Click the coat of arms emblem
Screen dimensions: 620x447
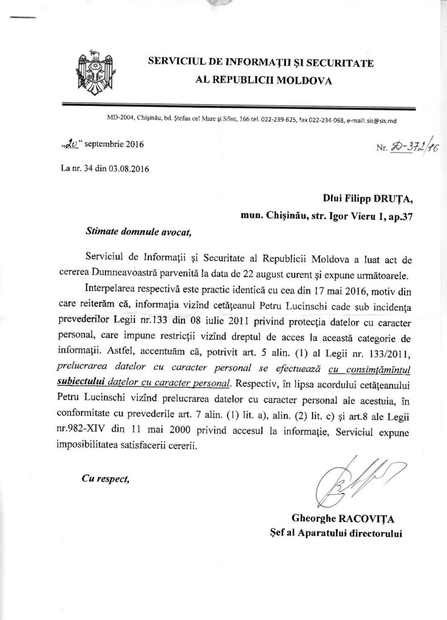pos(90,68)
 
